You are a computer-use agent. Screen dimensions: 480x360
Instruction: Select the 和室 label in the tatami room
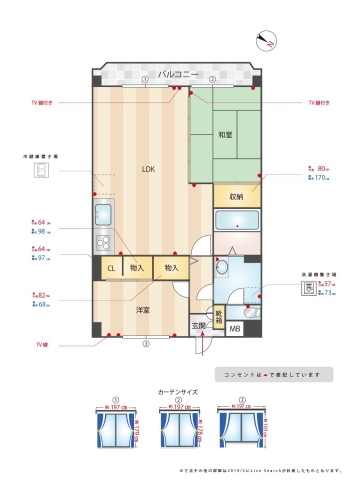[227, 134]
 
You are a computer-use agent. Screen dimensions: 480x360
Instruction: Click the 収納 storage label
[236, 197]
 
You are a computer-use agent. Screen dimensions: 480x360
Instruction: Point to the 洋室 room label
[143, 311]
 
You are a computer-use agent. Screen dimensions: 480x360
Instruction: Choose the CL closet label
[111, 268]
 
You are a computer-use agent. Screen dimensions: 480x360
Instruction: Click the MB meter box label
[235, 329]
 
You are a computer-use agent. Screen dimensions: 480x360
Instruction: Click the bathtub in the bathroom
[237, 221]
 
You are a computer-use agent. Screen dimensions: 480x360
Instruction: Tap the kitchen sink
[102, 214]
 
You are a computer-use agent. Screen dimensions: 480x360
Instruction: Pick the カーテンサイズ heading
[179, 393]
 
